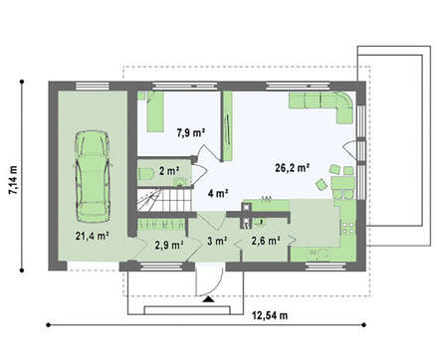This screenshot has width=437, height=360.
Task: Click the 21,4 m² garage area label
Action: click(x=93, y=236)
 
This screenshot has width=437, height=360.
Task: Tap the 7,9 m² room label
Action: click(x=191, y=132)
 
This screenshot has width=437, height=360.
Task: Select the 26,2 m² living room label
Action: click(x=293, y=168)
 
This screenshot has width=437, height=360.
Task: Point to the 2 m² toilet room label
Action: click(x=169, y=171)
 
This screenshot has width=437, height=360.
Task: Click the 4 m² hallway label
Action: click(x=218, y=193)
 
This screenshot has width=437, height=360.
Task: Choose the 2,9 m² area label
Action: click(x=169, y=245)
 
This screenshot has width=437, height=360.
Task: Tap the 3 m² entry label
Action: click(x=217, y=241)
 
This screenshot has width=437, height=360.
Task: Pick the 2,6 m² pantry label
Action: click(x=266, y=241)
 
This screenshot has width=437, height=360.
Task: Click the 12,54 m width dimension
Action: click(x=270, y=315)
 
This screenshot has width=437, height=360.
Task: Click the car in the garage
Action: click(x=92, y=176)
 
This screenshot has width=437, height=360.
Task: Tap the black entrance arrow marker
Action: click(x=208, y=299)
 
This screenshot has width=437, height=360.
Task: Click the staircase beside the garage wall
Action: click(x=165, y=200)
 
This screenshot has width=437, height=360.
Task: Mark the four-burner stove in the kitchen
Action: click(x=348, y=228)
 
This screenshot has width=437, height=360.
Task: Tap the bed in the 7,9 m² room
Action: click(x=155, y=112)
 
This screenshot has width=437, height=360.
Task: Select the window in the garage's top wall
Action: click(x=93, y=87)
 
